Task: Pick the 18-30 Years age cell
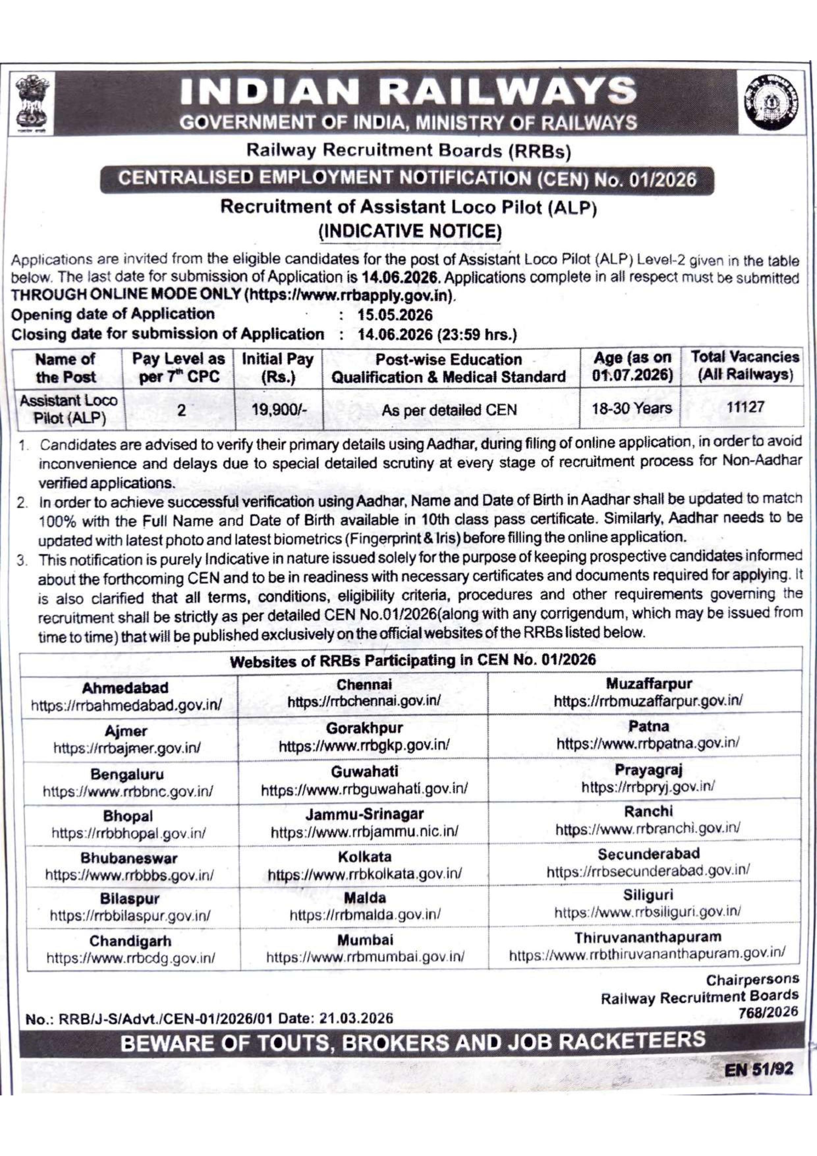(x=632, y=408)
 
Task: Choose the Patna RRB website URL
(x=648, y=742)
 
